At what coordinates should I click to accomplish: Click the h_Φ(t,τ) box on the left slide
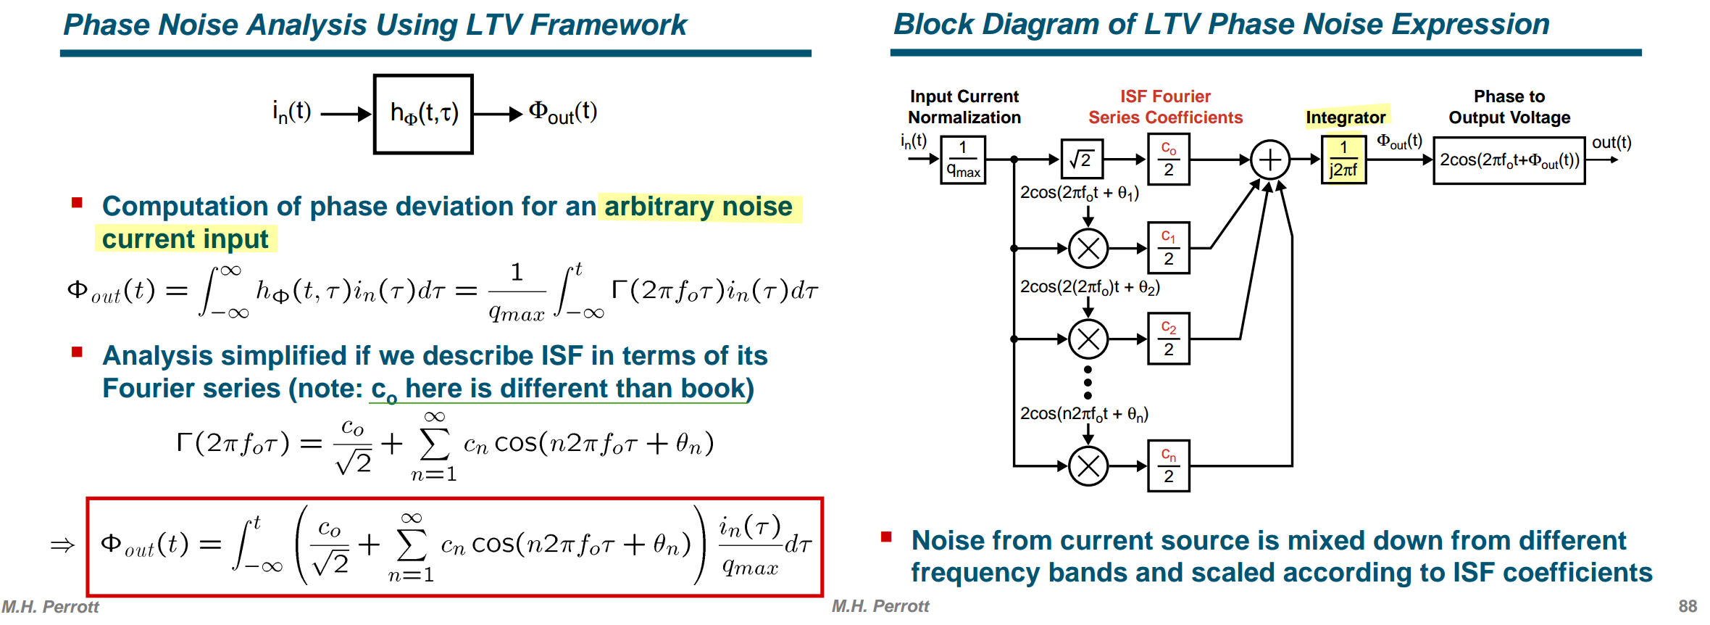pyautogui.click(x=423, y=114)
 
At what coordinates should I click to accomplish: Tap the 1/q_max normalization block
pyautogui.click(x=963, y=160)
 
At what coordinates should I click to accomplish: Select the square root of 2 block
pyautogui.click(x=1082, y=159)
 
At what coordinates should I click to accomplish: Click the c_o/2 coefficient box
pyautogui.click(x=1169, y=159)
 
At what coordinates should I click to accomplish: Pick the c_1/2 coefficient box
pyautogui.click(x=1169, y=248)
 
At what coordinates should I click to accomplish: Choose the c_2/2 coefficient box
pyautogui.click(x=1169, y=339)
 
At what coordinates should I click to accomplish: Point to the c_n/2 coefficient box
pyautogui.click(x=1169, y=465)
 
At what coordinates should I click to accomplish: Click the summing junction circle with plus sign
pyautogui.click(x=1270, y=160)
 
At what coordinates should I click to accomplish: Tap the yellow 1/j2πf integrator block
pyautogui.click(x=1344, y=160)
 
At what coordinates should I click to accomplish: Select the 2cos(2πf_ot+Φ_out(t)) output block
pyautogui.click(x=1509, y=160)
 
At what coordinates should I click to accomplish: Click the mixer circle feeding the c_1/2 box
pyautogui.click(x=1088, y=249)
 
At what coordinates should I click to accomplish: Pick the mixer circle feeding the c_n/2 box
pyautogui.click(x=1088, y=466)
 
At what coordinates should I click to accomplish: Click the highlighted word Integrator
pyautogui.click(x=1346, y=117)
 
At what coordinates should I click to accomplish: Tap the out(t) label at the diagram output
pyautogui.click(x=1611, y=142)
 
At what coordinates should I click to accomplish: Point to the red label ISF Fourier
pyautogui.click(x=1165, y=96)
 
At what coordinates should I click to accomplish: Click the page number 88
pyautogui.click(x=1688, y=606)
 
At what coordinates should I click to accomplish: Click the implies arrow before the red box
pyautogui.click(x=63, y=545)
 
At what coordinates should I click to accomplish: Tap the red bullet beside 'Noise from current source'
pyautogui.click(x=885, y=537)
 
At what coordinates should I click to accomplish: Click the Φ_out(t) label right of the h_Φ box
pyautogui.click(x=563, y=112)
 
